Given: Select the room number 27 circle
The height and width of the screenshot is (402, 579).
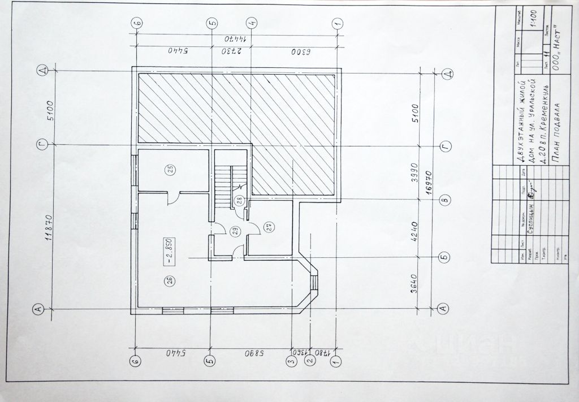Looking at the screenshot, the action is [270, 227].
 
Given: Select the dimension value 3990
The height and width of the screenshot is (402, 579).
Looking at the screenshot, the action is [414, 173].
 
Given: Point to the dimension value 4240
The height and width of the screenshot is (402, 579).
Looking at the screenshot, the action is [414, 228].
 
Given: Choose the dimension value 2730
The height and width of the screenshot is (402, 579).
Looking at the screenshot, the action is [231, 51].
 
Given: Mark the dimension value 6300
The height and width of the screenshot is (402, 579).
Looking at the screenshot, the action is [295, 51].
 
